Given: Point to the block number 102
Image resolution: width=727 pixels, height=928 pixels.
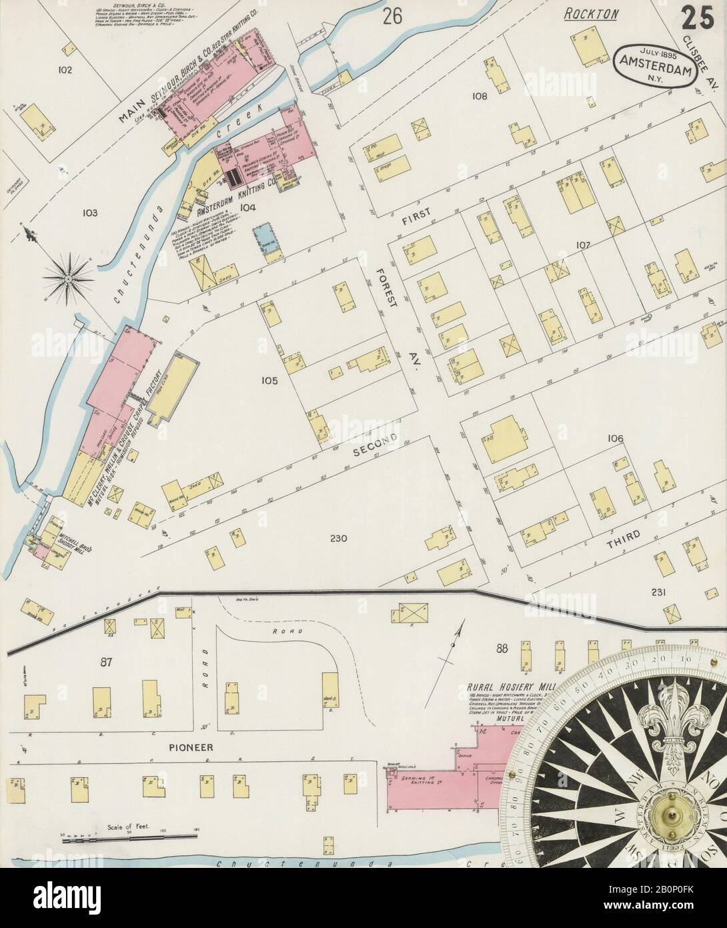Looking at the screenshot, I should [x=65, y=69].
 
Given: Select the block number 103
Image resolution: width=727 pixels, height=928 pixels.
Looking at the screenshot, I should [x=90, y=213].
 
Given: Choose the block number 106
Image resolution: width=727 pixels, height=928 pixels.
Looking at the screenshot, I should [x=614, y=439].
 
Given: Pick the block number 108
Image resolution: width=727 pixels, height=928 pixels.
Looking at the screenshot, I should [x=480, y=96].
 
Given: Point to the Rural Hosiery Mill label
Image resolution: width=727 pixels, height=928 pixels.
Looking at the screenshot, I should [x=508, y=686].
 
